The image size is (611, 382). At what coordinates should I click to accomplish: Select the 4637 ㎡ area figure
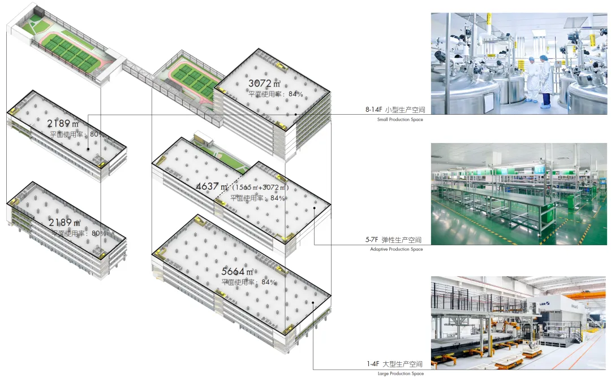(212, 187)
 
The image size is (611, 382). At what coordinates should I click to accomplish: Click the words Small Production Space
(400, 120)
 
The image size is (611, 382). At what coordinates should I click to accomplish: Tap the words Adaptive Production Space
(396, 249)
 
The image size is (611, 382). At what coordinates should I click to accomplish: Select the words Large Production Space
(400, 374)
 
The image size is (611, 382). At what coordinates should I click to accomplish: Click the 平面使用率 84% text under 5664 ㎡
(249, 282)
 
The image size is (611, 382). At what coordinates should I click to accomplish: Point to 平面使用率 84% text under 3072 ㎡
(276, 94)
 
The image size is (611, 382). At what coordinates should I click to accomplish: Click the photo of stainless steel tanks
(519, 63)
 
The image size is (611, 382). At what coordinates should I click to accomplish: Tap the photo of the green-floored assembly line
(519, 193)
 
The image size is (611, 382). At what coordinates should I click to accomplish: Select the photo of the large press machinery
(519, 323)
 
